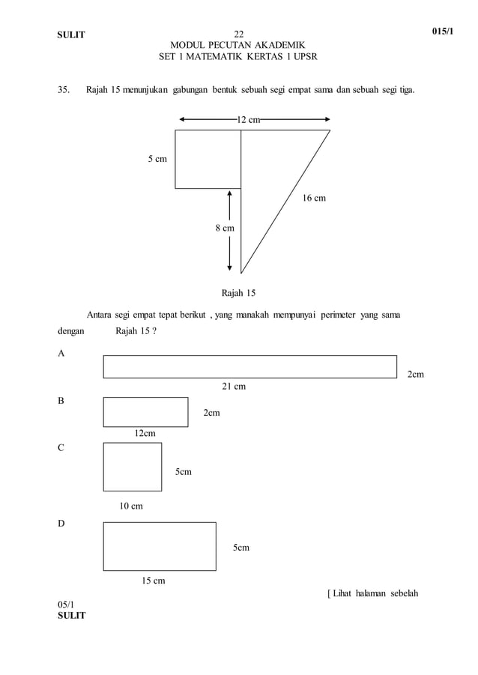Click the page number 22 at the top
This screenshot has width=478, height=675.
pos(238,34)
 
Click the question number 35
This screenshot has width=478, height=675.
pos(64,91)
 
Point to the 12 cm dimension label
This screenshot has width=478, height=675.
pos(249,119)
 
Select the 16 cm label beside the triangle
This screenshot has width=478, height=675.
pos(314,199)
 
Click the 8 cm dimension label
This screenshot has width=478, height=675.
pos(225,228)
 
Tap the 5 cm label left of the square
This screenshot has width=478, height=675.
pos(157,159)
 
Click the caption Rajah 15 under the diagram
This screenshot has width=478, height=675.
pos(238,292)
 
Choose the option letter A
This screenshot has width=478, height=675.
pos(61,352)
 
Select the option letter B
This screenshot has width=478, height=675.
pos(61,401)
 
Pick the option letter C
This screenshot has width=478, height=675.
pos(61,448)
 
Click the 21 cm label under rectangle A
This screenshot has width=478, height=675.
pos(234,387)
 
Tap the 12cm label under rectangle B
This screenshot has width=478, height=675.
pos(145,434)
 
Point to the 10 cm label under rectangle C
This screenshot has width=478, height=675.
pos(131,506)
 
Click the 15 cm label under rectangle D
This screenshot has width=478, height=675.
pos(154,581)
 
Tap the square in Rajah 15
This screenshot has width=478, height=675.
pos(208,159)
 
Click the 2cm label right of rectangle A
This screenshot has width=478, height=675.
pos(415,374)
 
